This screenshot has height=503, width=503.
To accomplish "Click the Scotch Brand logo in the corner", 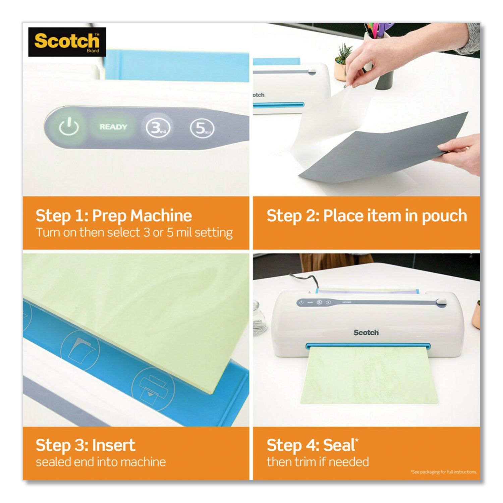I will click(67, 42).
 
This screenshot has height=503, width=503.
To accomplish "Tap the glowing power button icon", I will click(69, 127).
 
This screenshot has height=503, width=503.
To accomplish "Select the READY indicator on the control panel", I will click(113, 127).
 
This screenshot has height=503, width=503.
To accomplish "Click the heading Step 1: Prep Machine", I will click(114, 216).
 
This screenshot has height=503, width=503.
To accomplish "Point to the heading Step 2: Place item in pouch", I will click(367, 216).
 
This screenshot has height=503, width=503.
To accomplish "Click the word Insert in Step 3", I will click(114, 445).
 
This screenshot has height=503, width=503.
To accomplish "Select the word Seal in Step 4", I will click(339, 445).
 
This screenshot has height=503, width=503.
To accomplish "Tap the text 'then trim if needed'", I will click(318, 462).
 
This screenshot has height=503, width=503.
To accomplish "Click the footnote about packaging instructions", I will click(443, 472).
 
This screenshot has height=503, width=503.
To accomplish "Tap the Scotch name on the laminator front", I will click(366, 332).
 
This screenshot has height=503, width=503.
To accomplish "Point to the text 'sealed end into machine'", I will click(101, 462).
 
